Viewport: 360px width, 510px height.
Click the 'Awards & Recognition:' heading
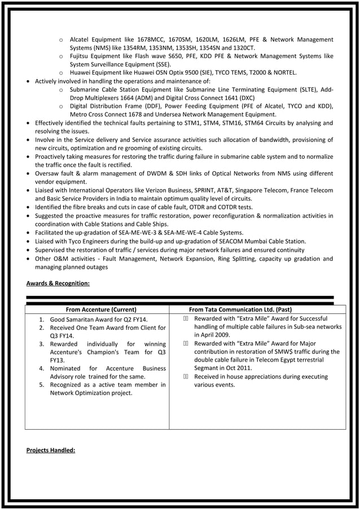[x=58, y=283]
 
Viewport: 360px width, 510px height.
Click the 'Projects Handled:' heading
[x=51, y=450]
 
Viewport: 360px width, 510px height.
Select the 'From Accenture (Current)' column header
[x=101, y=310]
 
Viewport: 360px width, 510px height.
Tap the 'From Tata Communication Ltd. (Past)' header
[x=240, y=310]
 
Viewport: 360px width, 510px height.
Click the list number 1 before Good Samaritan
[x=42, y=320]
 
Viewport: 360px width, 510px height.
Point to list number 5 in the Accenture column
[x=42, y=385]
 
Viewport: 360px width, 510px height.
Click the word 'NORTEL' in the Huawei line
[x=298, y=73]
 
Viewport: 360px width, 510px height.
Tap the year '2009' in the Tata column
[x=222, y=335]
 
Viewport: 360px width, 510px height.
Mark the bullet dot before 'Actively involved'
[x=29, y=81]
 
